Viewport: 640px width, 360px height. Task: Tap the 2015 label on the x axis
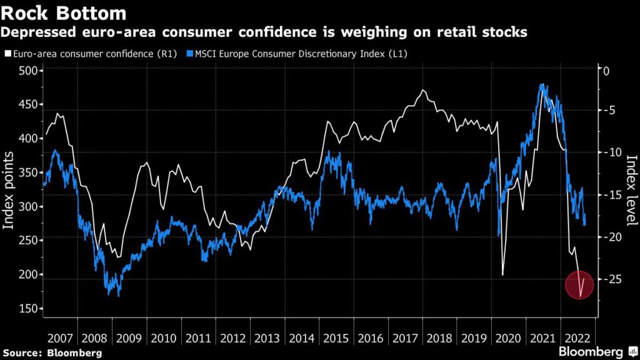337,337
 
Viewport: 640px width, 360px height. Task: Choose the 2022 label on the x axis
577,337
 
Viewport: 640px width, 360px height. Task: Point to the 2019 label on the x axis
475,337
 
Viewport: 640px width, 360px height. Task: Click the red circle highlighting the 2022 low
579,285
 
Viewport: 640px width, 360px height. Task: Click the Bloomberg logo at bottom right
594,352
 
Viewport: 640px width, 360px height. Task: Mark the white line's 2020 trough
503,274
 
